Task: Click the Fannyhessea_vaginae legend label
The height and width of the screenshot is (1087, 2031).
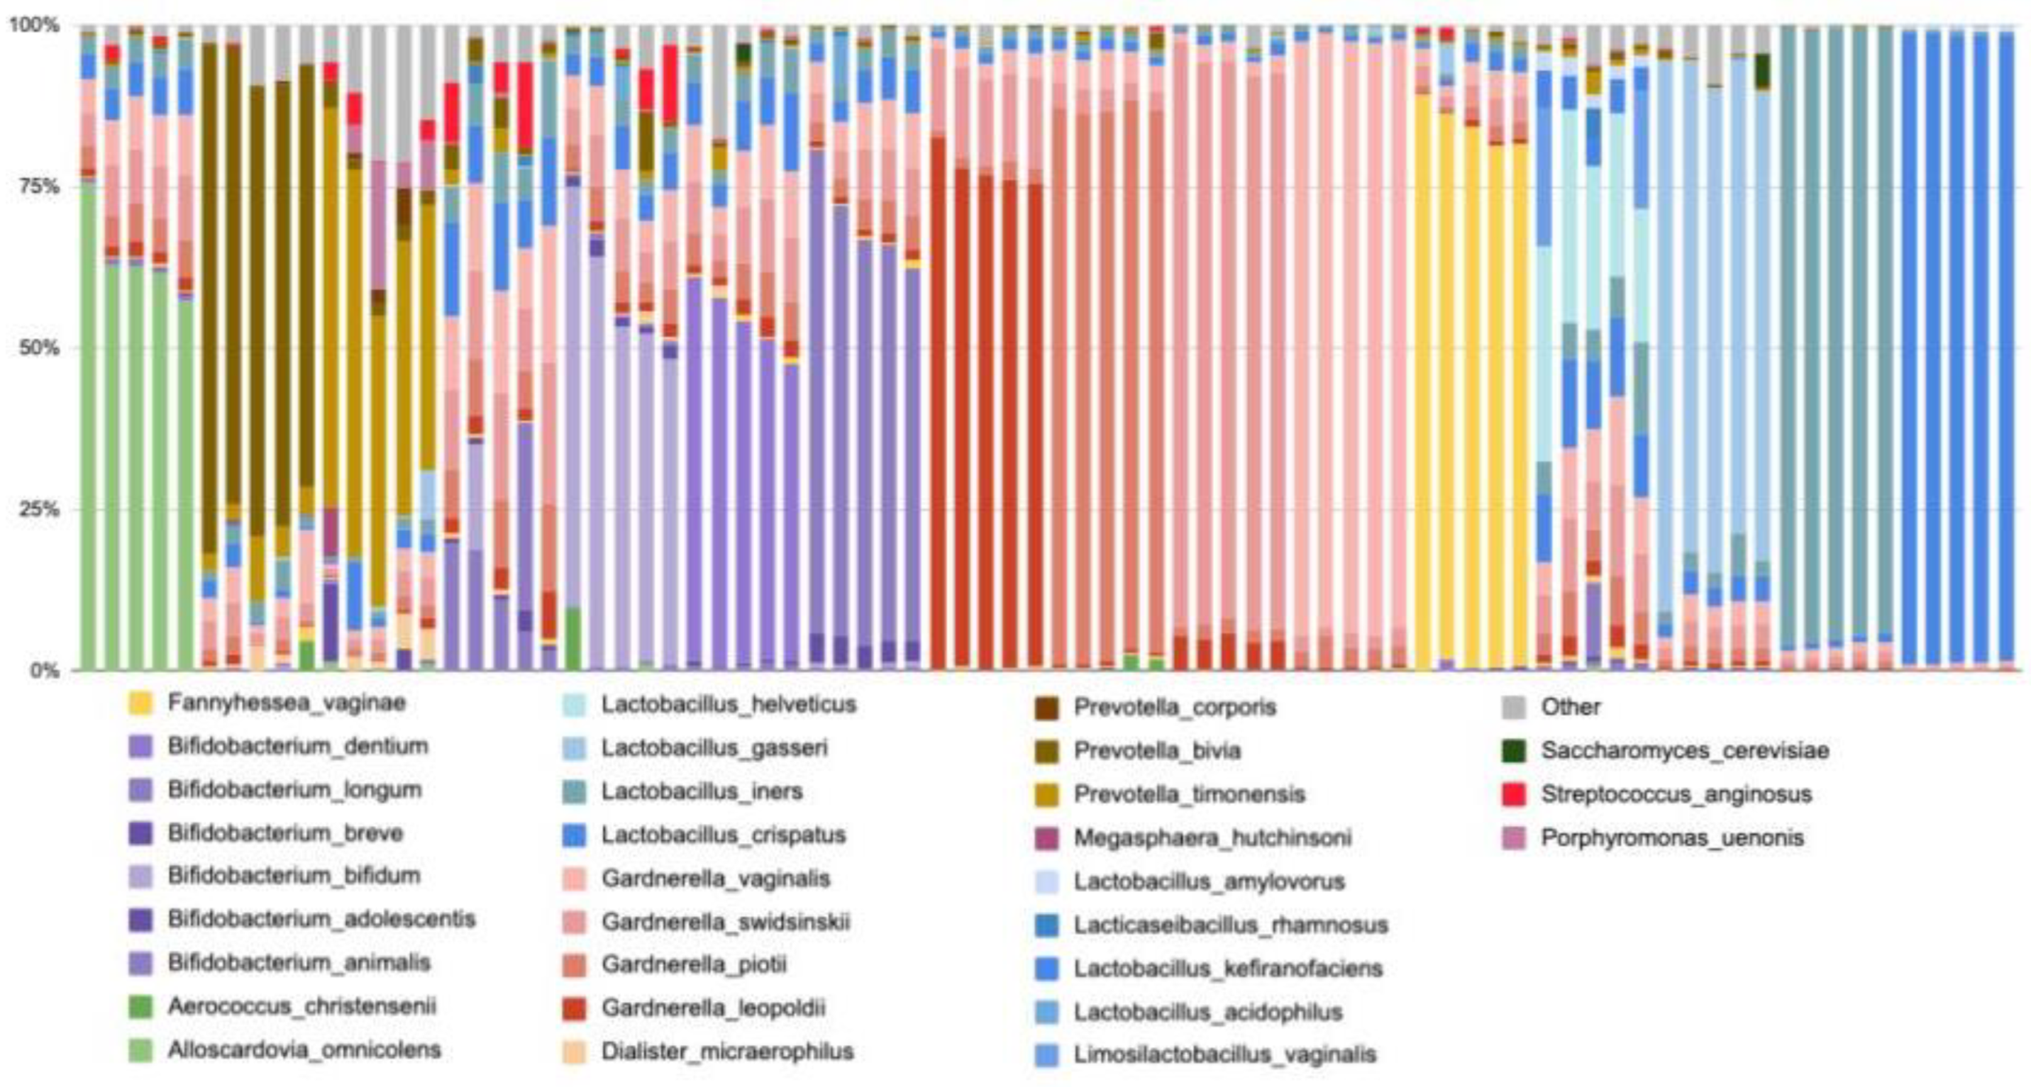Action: [286, 703]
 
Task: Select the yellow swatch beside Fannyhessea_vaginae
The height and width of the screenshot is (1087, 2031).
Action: [140, 703]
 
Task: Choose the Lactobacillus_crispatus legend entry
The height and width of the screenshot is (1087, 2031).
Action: [723, 835]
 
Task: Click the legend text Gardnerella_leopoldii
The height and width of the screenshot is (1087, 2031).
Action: [713, 1008]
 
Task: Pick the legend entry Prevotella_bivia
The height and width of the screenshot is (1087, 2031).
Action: [1156, 750]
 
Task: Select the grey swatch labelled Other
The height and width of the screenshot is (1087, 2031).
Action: [1514, 707]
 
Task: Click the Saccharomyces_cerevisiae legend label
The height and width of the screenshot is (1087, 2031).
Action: [1685, 750]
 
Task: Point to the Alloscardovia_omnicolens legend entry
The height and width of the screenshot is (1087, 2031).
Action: [304, 1050]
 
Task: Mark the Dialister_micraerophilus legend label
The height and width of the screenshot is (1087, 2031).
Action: [727, 1052]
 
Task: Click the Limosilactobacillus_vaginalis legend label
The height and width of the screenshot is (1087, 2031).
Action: [1224, 1054]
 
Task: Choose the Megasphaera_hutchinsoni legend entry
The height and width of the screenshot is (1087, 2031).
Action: [1212, 838]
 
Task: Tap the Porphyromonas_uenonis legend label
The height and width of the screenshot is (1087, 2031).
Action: [1672, 838]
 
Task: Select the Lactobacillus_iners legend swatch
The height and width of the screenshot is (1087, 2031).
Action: [574, 791]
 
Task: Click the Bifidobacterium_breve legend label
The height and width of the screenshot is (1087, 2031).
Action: [284, 833]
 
